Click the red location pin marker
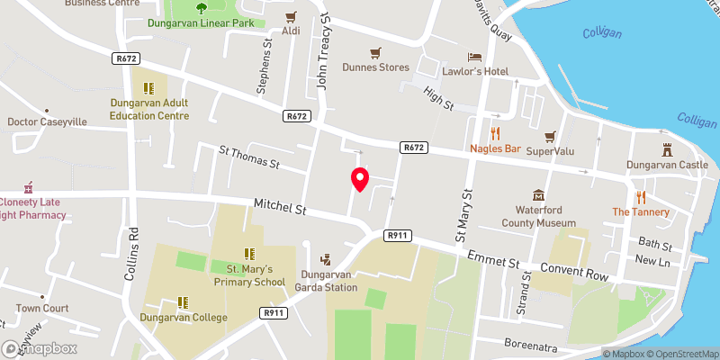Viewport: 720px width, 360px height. tap(360, 178)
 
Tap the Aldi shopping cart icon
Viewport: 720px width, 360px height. tap(291, 16)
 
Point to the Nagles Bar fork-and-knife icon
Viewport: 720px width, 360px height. tap(495, 132)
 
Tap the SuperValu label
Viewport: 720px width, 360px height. tap(549, 149)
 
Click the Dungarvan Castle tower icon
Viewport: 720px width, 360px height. tap(668, 149)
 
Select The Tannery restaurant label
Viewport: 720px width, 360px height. tap(641, 212)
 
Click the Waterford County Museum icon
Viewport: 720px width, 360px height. tap(538, 195)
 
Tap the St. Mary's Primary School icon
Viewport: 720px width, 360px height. tap(248, 254)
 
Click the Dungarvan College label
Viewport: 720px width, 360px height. tap(183, 317)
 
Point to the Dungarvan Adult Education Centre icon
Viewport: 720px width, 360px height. tap(149, 88)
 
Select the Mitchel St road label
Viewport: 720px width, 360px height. tap(280, 207)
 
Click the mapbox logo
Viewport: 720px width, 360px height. tap(40, 348)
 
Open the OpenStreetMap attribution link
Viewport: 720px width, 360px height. tap(681, 354)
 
